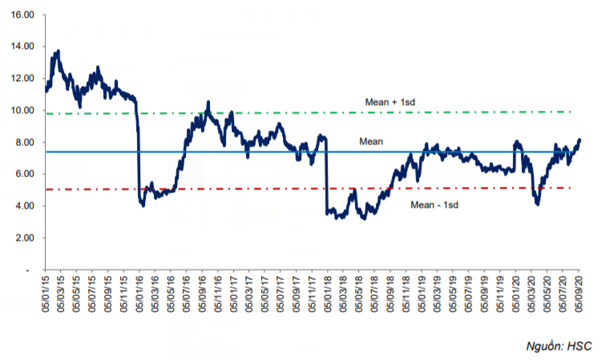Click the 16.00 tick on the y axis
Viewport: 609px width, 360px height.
pyautogui.click(x=23, y=15)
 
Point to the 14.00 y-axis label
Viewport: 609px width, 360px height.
pyautogui.click(x=23, y=47)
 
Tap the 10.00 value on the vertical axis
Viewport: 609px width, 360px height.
pyautogui.click(x=23, y=111)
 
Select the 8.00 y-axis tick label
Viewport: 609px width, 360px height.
pyautogui.click(x=25, y=143)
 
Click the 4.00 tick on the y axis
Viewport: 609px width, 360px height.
pyautogui.click(x=25, y=206)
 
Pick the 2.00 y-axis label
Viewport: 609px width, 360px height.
pyautogui.click(x=25, y=238)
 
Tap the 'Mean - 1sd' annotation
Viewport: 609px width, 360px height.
pyautogui.click(x=434, y=205)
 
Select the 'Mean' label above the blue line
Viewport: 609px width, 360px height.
pyautogui.click(x=371, y=141)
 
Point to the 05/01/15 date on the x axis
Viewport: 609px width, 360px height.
pyautogui.click(x=45, y=295)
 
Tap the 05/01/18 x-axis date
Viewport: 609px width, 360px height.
pyautogui.click(x=327, y=295)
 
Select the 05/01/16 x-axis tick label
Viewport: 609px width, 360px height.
pyautogui.click(x=139, y=295)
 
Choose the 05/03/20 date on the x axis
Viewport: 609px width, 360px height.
pyautogui.click(x=533, y=295)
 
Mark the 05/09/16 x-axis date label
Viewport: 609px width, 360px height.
pyautogui.click(x=201, y=295)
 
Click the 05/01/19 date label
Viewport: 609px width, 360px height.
pyautogui.click(x=421, y=295)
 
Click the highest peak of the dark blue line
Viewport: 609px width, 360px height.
pyautogui.click(x=58, y=51)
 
